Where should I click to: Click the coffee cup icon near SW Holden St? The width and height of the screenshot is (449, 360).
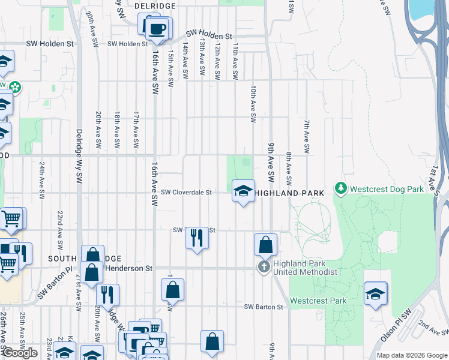tap(157, 29)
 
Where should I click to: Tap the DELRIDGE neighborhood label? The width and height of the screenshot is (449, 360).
tap(155, 5)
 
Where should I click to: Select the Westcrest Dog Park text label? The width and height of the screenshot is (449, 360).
tap(387, 189)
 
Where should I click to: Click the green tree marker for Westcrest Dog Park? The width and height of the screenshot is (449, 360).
tap(342, 189)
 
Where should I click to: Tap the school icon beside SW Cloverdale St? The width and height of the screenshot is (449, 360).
tap(243, 191)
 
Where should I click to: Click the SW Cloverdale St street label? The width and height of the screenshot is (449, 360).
tap(187, 193)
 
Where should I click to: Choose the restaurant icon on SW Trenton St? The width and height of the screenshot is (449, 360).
tap(197, 238)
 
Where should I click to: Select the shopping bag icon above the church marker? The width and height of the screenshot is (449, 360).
tap(265, 245)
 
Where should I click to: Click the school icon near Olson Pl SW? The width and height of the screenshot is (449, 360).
tap(375, 294)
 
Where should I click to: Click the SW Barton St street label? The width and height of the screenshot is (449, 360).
tap(263, 307)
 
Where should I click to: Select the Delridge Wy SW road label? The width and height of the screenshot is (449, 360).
tap(79, 156)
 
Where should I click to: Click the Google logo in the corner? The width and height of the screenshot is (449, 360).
tap(20, 353)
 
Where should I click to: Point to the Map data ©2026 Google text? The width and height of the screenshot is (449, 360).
tap(411, 355)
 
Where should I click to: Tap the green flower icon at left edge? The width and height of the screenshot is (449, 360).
tap(14, 88)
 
